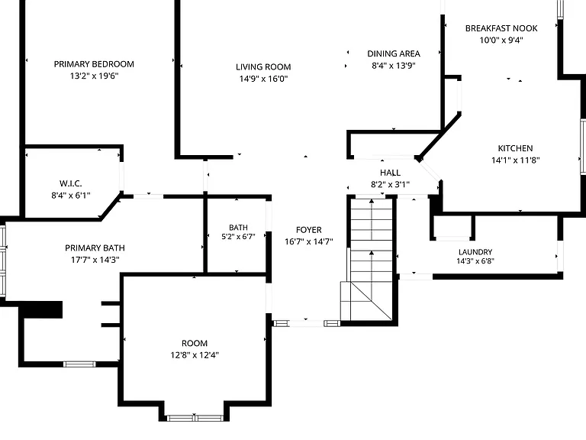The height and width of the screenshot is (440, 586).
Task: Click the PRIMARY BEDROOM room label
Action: point(94,64)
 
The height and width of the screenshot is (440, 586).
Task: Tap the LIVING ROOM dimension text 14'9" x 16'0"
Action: point(263,79)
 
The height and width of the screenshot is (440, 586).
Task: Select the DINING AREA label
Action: point(394,53)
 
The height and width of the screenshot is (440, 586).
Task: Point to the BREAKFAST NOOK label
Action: point(501,28)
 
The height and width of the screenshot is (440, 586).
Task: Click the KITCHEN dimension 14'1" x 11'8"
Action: point(515,160)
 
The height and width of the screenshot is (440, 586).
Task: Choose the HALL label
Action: point(390,173)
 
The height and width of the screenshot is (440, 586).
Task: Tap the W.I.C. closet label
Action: point(71,183)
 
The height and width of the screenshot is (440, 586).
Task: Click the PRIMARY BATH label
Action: point(95,247)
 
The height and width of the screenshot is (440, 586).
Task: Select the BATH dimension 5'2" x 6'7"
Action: point(238,237)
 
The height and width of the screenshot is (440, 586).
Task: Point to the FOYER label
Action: point(309,230)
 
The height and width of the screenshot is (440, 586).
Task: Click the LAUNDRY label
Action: point(475,252)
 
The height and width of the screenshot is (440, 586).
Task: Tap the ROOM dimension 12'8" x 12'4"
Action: point(195,355)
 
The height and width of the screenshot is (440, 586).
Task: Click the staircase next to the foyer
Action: point(370,259)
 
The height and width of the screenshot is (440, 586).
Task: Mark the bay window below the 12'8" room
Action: point(195,418)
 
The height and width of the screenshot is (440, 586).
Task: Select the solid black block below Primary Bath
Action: point(40,309)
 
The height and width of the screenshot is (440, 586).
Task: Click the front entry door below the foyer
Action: point(307,323)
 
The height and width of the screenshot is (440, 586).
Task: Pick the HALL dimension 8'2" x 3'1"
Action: point(390,184)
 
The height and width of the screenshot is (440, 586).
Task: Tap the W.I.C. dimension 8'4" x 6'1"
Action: point(71,195)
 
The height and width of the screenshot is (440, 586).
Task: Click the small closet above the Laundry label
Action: point(452,227)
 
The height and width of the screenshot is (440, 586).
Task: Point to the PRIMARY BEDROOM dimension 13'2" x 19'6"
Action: point(94,76)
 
